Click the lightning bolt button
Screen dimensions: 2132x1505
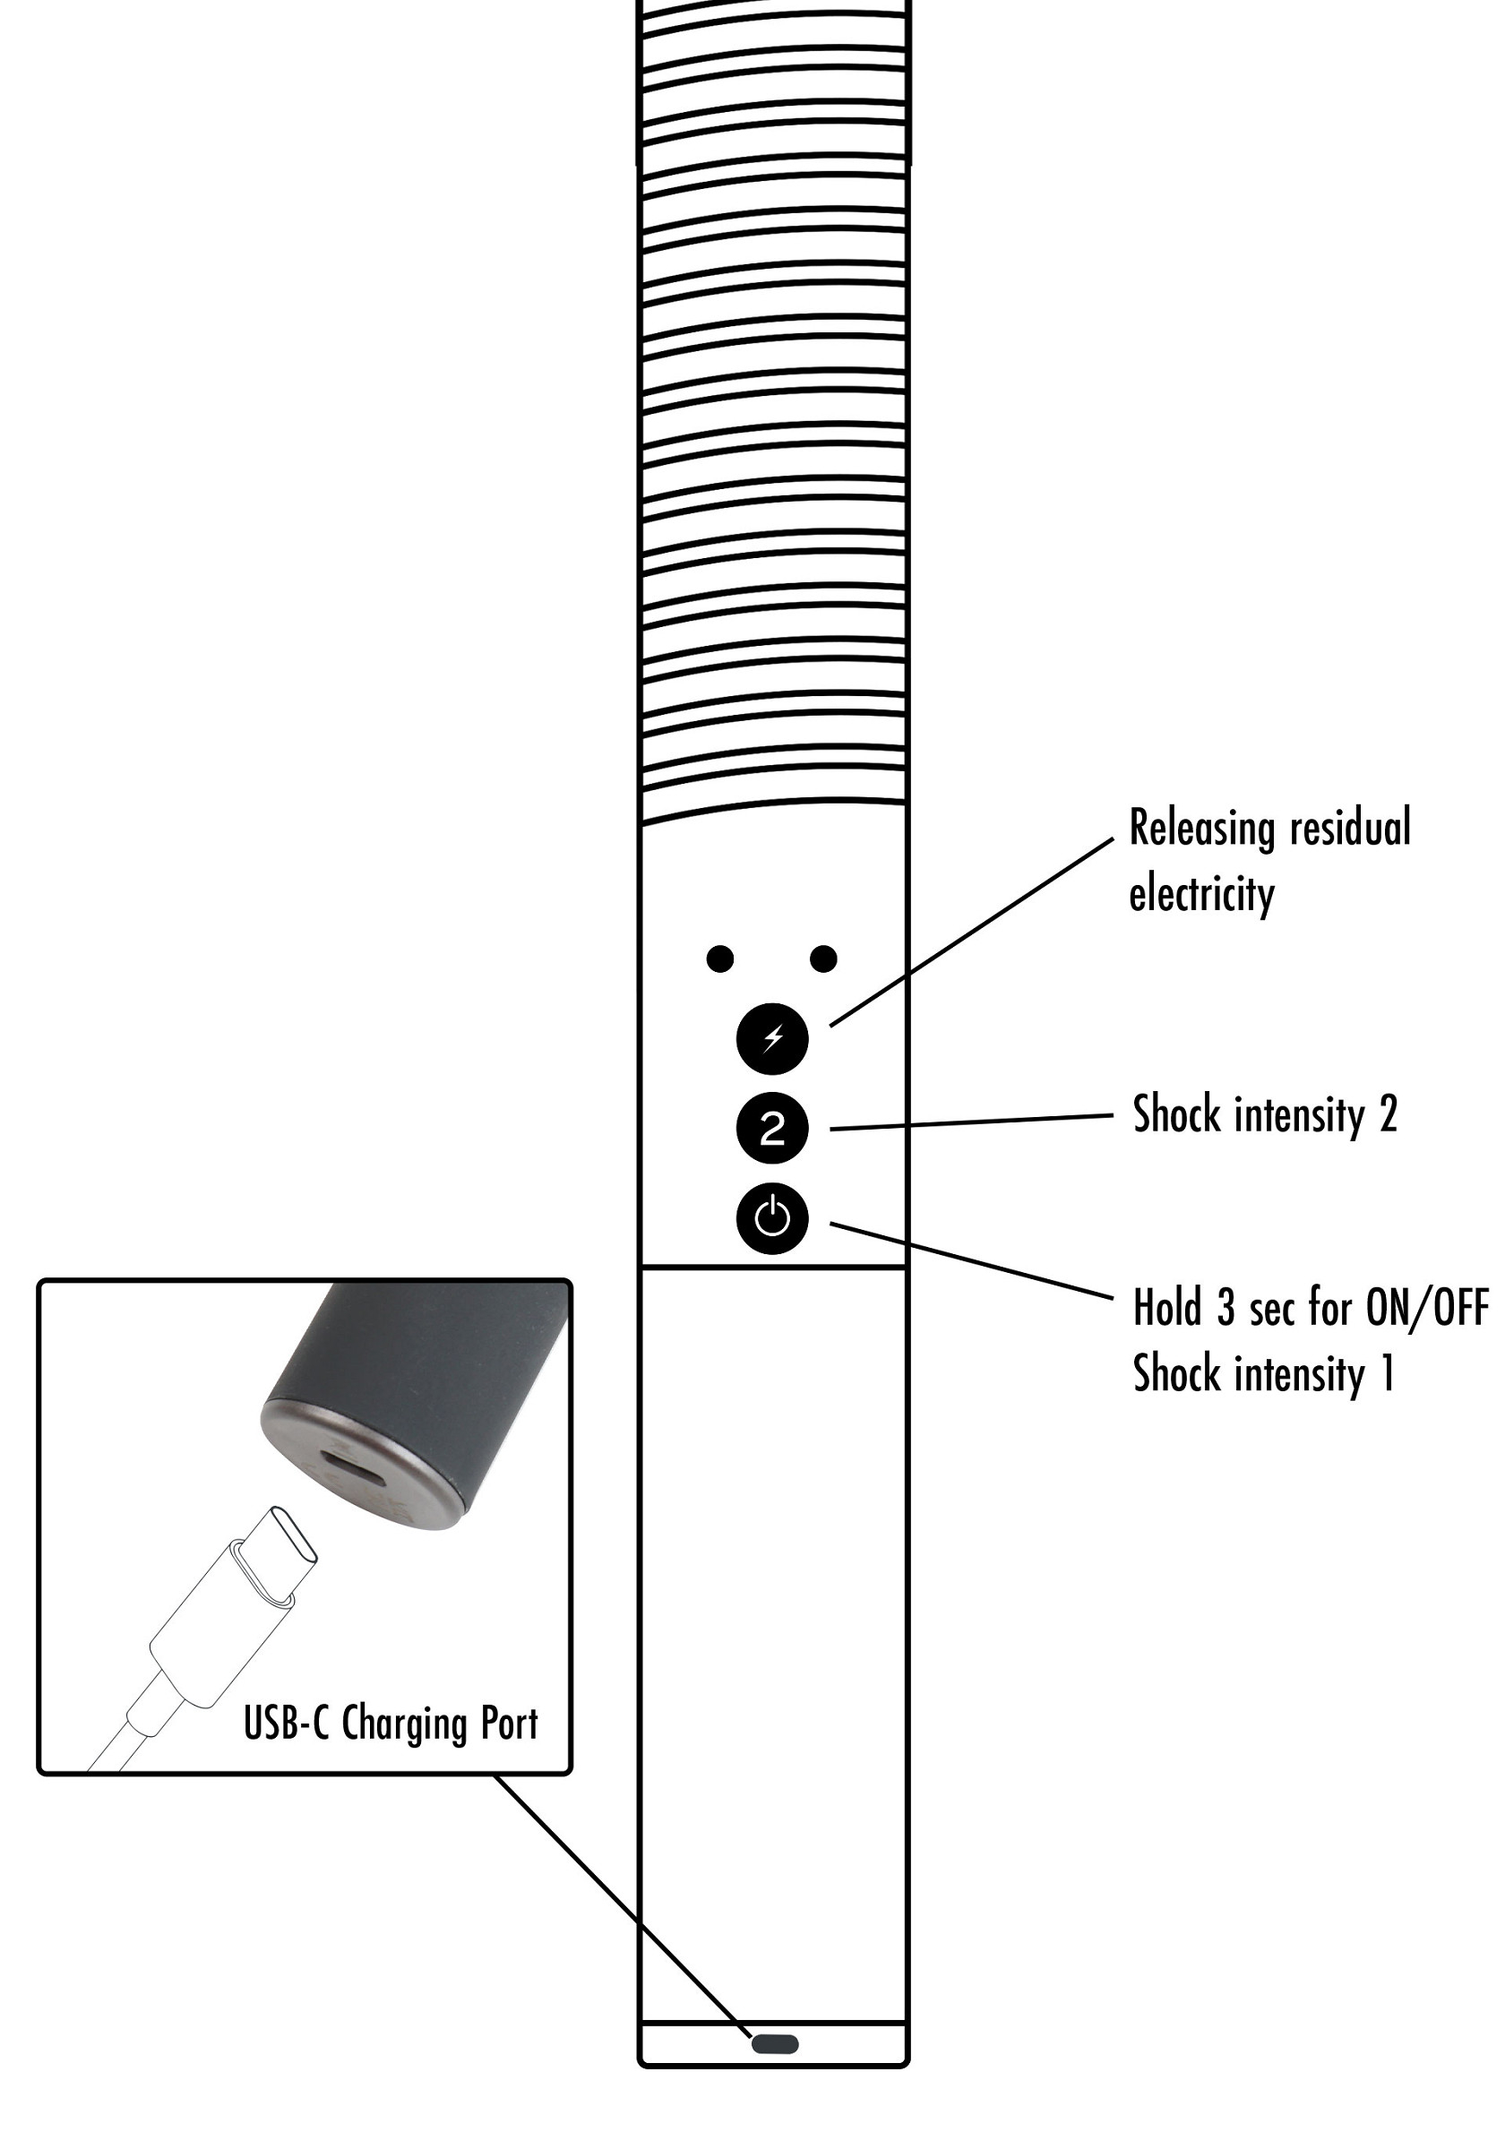771,1038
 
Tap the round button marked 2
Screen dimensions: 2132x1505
771,1129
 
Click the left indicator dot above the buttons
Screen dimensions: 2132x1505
719,959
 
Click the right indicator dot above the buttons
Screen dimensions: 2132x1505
823,959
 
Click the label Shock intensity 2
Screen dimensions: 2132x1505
1265,1114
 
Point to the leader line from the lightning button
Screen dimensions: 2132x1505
971,933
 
